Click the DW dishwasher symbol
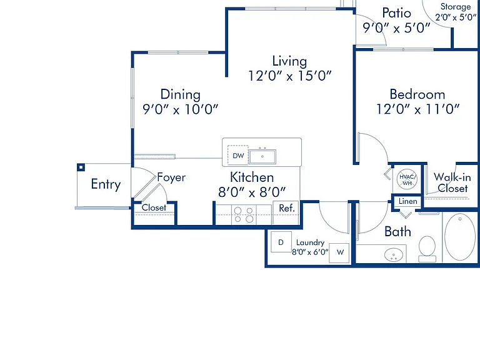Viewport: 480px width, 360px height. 238,155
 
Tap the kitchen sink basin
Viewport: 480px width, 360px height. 262,156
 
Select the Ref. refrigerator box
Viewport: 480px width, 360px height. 286,212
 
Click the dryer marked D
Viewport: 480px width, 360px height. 281,242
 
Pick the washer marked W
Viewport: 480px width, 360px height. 339,253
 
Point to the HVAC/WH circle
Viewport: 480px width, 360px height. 407,179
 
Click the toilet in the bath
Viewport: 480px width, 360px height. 427,249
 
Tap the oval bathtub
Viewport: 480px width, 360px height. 460,237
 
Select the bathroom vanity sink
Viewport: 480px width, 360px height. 394,255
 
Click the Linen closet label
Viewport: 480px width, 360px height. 407,201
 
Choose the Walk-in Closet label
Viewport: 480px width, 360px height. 452,182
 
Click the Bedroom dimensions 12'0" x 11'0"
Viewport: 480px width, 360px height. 418,109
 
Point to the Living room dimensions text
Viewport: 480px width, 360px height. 289,76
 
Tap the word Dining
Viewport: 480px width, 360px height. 180,94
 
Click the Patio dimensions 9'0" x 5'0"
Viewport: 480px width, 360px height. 397,28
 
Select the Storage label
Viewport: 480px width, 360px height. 456,7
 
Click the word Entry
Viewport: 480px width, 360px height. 106,184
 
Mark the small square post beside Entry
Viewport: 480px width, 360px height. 81,167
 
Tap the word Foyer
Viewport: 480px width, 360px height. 171,177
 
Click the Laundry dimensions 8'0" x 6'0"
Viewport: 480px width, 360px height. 310,252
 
